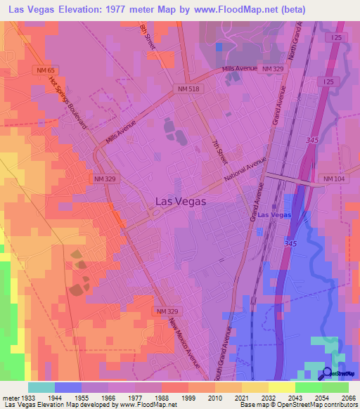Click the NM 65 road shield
44,70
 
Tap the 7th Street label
219,150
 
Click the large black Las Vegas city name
180,201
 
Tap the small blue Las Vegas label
274,214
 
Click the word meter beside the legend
8,397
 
